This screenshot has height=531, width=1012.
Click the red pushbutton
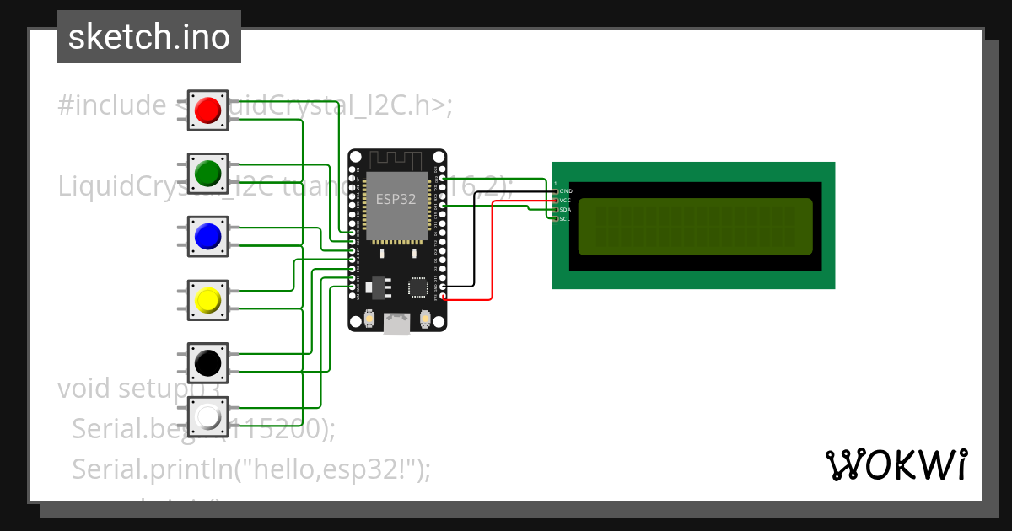[x=207, y=110]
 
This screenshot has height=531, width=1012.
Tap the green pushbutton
[x=207, y=173]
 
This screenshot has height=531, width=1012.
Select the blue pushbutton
[x=207, y=237]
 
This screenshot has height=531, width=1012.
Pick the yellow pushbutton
[x=207, y=300]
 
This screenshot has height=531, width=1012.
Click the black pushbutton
[x=207, y=363]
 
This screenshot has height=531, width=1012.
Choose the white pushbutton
[x=207, y=416]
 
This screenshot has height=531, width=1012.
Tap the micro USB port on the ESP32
[x=396, y=322]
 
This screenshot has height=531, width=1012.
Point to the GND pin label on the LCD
[x=565, y=191]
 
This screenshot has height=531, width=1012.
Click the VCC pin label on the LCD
[x=565, y=201]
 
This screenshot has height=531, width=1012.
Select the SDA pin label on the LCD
[x=565, y=209]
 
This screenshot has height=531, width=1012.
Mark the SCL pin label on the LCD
[x=565, y=218]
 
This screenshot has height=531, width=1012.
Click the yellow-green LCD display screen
[x=695, y=226]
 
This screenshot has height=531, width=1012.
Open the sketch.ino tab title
[x=149, y=37]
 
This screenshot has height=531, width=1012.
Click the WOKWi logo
[x=896, y=464]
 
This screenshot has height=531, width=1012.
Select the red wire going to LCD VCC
[x=492, y=253]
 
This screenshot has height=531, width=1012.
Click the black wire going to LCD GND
[x=474, y=244]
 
